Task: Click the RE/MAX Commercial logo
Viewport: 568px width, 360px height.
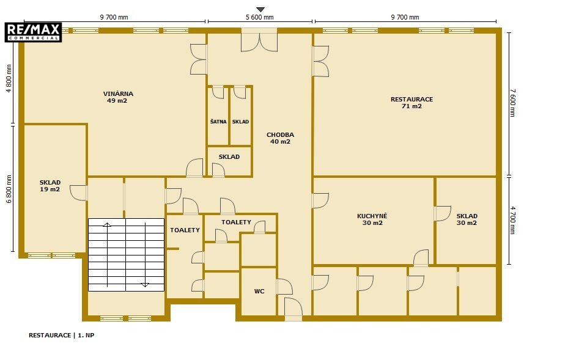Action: (x=33, y=32)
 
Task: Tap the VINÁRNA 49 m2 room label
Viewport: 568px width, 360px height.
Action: (x=118, y=97)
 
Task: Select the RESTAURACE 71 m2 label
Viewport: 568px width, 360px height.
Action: (x=411, y=103)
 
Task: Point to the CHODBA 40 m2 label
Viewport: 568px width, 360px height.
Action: (x=281, y=138)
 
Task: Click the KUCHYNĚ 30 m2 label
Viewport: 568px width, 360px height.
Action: (x=372, y=219)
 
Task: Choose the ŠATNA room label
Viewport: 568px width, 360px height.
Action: (x=218, y=122)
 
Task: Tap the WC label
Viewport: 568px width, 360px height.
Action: (x=259, y=291)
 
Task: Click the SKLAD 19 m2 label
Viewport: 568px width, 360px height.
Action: (x=50, y=186)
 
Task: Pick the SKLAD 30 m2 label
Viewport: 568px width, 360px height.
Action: (x=467, y=219)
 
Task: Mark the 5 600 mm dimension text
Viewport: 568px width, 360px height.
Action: (x=260, y=17)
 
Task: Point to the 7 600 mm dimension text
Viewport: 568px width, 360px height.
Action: (x=512, y=103)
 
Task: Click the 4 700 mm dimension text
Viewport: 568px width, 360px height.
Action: (x=512, y=220)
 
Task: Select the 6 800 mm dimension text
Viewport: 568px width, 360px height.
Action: (x=9, y=189)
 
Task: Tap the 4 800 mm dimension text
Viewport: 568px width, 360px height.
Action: (x=9, y=79)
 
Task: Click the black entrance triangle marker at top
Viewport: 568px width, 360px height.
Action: (x=260, y=9)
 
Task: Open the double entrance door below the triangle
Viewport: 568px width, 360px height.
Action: (x=259, y=42)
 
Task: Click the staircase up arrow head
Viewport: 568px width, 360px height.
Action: (x=107, y=225)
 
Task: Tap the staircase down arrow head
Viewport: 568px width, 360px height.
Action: (x=145, y=285)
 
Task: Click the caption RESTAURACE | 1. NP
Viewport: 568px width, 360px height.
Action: (x=61, y=336)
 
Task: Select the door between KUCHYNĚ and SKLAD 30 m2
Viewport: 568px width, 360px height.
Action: (x=443, y=213)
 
